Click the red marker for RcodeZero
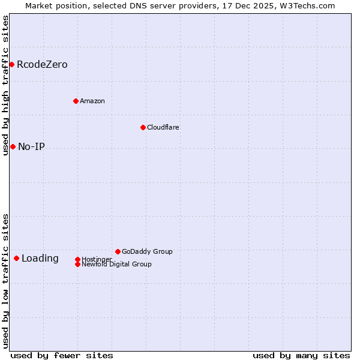[11, 64]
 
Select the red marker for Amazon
[76, 101]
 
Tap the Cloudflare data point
[143, 127]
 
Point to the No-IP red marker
[13, 146]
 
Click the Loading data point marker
[16, 258]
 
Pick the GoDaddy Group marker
[118, 251]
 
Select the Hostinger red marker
[77, 259]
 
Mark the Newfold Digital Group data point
[77, 264]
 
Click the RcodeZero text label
[42, 64]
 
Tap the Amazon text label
[92, 101]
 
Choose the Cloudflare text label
[163, 127]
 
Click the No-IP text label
[31, 146]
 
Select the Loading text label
[40, 258]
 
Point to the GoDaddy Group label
[147, 251]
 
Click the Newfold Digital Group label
[116, 264]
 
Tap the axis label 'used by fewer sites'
[62, 355]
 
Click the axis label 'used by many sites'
[301, 355]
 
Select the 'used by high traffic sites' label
[5, 85]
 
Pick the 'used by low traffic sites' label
[5, 281]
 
